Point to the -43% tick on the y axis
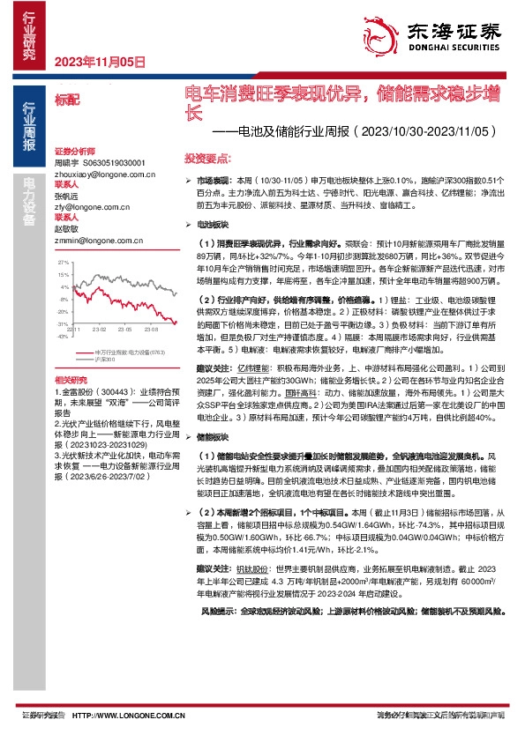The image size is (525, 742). click(63, 336)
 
